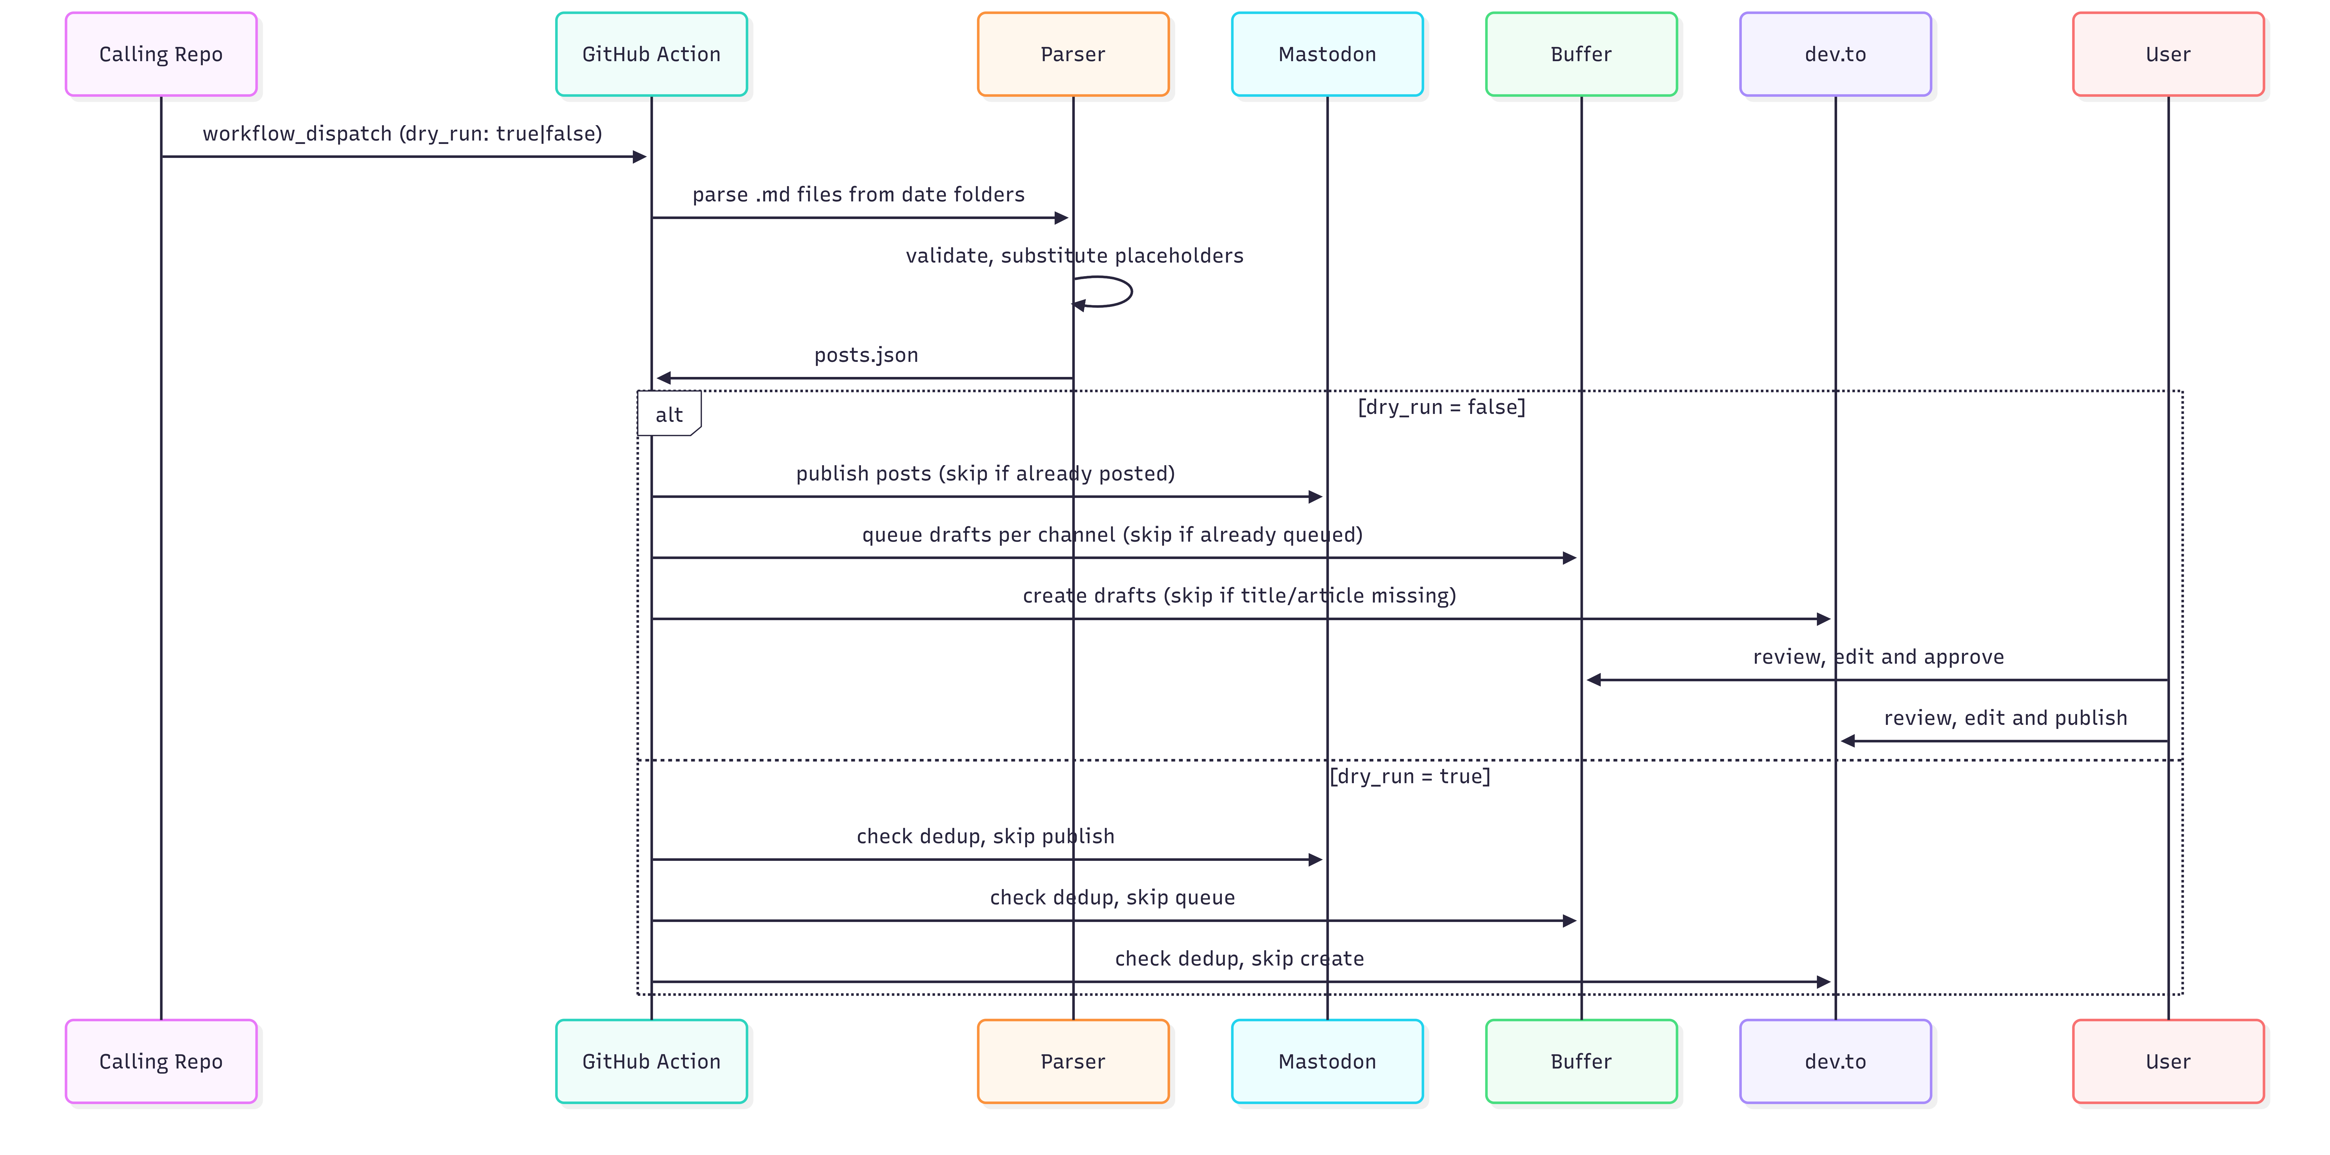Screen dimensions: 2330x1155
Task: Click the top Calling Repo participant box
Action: click(161, 54)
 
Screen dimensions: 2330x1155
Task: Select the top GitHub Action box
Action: click(651, 54)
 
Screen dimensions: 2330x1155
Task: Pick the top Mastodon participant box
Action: click(1327, 54)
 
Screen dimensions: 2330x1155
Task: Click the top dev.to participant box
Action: click(1835, 54)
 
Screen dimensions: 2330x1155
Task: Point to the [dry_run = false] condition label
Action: click(1442, 407)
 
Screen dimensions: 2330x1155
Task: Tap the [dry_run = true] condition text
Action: click(1410, 776)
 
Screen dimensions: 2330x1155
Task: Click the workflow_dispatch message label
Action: click(402, 134)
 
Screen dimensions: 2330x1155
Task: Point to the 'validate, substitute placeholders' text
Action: click(1075, 256)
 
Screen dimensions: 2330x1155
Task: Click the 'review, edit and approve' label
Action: click(1879, 657)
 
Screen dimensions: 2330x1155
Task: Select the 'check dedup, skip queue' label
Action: click(1113, 897)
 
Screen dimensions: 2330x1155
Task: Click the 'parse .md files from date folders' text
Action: click(858, 195)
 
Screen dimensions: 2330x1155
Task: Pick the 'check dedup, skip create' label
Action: click(1239, 959)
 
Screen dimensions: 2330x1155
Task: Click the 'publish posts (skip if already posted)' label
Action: click(985, 474)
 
